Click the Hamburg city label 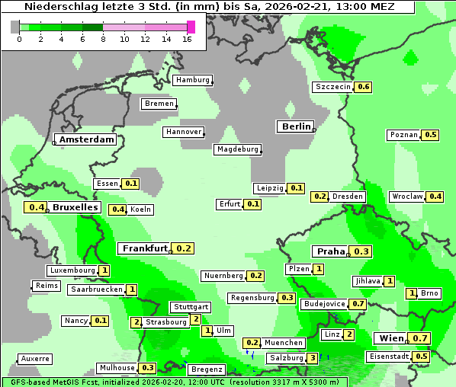click(x=192, y=80)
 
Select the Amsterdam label click(x=87, y=139)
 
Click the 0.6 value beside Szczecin click(x=363, y=87)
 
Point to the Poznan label click(x=404, y=135)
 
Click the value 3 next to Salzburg click(x=313, y=358)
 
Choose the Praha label click(x=331, y=251)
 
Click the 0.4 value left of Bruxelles click(x=35, y=207)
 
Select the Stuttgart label click(x=190, y=307)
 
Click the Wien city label click(x=390, y=338)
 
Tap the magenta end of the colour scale click(x=191, y=27)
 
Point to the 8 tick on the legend click(x=103, y=39)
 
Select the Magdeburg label click(x=238, y=149)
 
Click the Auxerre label click(x=35, y=358)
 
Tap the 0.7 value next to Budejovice click(x=358, y=303)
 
